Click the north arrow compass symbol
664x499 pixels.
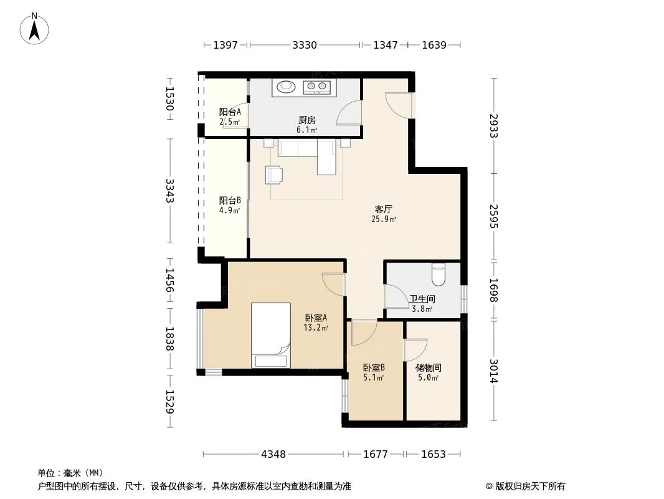tap(34, 28)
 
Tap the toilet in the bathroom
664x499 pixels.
tap(439, 274)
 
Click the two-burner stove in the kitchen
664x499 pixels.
tap(317, 87)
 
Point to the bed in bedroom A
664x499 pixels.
tap(271, 335)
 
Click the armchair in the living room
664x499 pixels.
tap(274, 175)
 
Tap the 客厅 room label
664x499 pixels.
tap(384, 209)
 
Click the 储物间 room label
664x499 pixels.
tap(429, 367)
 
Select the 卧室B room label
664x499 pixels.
tap(374, 367)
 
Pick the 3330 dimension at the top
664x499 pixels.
tap(305, 45)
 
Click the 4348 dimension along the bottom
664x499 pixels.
tap(273, 454)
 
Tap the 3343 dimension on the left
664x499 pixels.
tap(170, 191)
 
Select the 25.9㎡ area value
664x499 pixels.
tap(384, 219)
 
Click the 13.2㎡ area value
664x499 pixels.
tap(316, 327)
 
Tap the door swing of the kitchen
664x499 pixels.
tap(349, 113)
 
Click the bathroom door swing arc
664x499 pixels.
tap(397, 296)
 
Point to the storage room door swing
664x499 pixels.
tap(416, 350)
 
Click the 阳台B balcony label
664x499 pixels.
tap(230, 200)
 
